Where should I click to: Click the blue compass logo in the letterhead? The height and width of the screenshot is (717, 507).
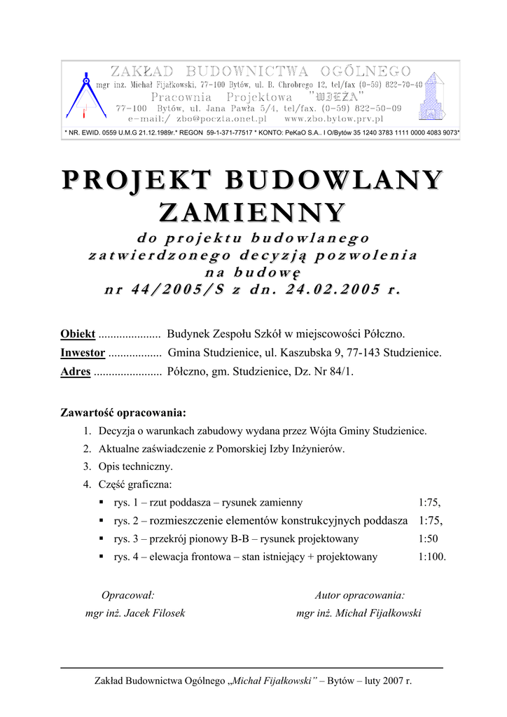83,95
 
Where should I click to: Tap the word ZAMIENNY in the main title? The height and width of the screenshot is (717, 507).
253,211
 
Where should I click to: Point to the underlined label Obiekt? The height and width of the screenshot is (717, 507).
78,334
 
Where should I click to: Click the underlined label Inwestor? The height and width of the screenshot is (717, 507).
83,353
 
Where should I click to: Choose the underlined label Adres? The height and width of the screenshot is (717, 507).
76,372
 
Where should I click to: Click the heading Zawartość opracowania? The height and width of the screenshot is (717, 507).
123,412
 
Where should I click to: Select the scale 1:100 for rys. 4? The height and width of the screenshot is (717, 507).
431,557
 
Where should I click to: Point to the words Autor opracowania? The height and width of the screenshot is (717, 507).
359,595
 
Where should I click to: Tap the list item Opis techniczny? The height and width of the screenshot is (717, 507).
136,466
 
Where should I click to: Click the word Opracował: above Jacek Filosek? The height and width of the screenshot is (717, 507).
128,595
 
